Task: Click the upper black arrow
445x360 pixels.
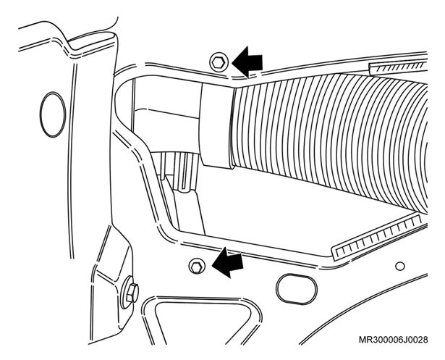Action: (x=247, y=62)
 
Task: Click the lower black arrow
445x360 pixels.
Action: (x=228, y=262)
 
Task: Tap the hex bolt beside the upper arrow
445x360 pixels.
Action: (x=219, y=62)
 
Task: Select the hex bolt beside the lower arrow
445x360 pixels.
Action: (x=197, y=267)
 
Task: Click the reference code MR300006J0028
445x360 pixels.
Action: (x=393, y=340)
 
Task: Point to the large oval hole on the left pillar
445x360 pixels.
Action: (x=53, y=114)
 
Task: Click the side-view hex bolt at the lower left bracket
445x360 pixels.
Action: (x=132, y=293)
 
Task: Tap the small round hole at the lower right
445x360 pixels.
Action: (x=400, y=267)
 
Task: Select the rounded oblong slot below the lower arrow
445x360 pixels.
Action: (x=296, y=289)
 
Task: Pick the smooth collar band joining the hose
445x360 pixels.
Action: (x=216, y=125)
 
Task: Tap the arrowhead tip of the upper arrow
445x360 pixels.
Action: (x=232, y=62)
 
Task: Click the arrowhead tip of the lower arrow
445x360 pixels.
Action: (x=212, y=265)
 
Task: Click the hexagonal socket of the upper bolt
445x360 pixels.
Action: (x=219, y=62)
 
